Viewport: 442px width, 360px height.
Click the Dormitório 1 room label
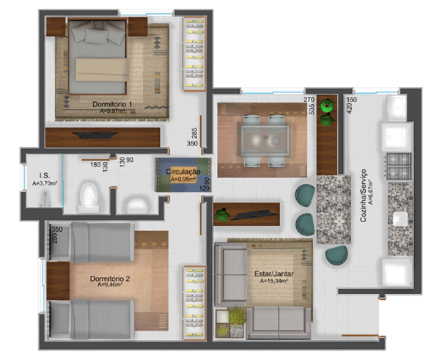pos(111,104)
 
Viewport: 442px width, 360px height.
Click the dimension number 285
pos(194,133)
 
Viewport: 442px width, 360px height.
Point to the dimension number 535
pos(312,110)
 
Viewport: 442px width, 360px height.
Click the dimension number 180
pos(96,164)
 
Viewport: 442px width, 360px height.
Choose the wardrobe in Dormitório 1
pos(193,51)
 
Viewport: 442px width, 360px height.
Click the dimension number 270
pos(309,100)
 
